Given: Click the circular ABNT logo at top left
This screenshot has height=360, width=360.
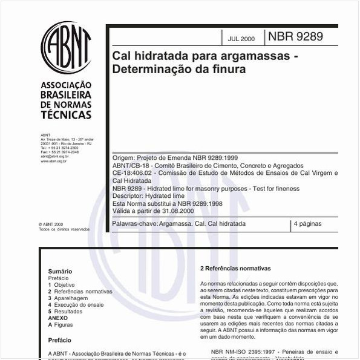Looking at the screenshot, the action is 66,48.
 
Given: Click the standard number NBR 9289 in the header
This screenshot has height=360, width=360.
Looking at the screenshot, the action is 295,37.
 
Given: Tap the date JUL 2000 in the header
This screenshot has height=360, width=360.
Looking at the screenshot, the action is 241,39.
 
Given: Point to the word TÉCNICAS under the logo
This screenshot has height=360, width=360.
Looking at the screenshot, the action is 66,115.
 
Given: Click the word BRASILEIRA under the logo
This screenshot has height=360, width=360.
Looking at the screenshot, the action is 66,95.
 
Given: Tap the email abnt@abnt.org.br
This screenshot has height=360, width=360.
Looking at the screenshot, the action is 54,156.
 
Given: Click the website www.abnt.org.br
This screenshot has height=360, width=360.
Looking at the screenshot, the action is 54,161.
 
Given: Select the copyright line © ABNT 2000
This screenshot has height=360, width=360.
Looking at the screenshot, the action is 50,224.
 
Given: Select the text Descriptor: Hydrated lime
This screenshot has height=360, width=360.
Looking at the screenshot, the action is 148,196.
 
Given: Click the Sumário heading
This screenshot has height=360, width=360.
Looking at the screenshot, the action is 60,272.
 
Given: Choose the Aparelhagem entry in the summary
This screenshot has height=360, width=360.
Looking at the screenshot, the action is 71,298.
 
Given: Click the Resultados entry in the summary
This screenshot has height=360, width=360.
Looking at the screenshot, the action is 68,312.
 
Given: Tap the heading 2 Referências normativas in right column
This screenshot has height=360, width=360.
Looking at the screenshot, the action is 235,269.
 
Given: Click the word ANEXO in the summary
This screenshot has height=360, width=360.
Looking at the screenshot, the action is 58,318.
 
